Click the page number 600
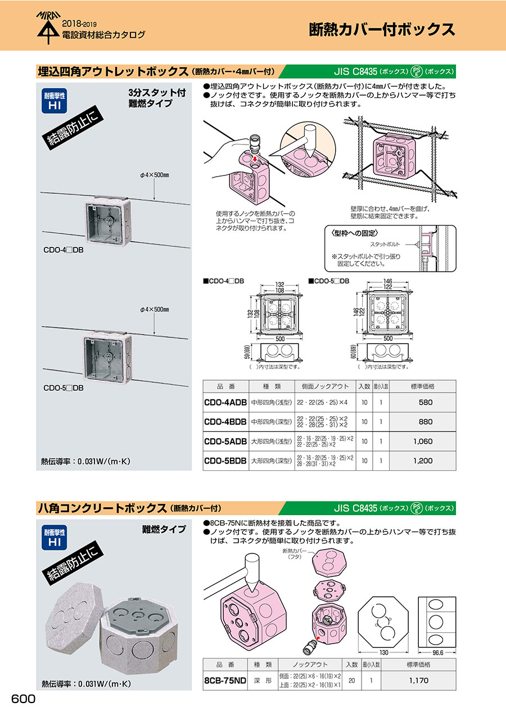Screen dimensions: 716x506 pos(24,699)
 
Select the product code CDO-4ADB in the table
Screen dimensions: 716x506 pos(225,403)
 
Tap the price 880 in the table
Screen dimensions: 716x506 pos(426,422)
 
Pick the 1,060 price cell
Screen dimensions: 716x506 pos(423,442)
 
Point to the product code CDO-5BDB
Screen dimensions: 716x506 pos(225,461)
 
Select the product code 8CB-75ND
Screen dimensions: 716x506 pos(225,680)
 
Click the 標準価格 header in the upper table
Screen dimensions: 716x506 pos(423,386)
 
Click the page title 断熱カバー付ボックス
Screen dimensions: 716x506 pos(382,29)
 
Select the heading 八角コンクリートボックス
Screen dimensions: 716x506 pos(101,508)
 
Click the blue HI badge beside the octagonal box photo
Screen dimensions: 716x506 pos(55,538)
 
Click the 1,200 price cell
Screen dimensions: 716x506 pos(423,461)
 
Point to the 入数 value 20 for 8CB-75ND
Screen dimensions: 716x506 pos(351,680)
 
